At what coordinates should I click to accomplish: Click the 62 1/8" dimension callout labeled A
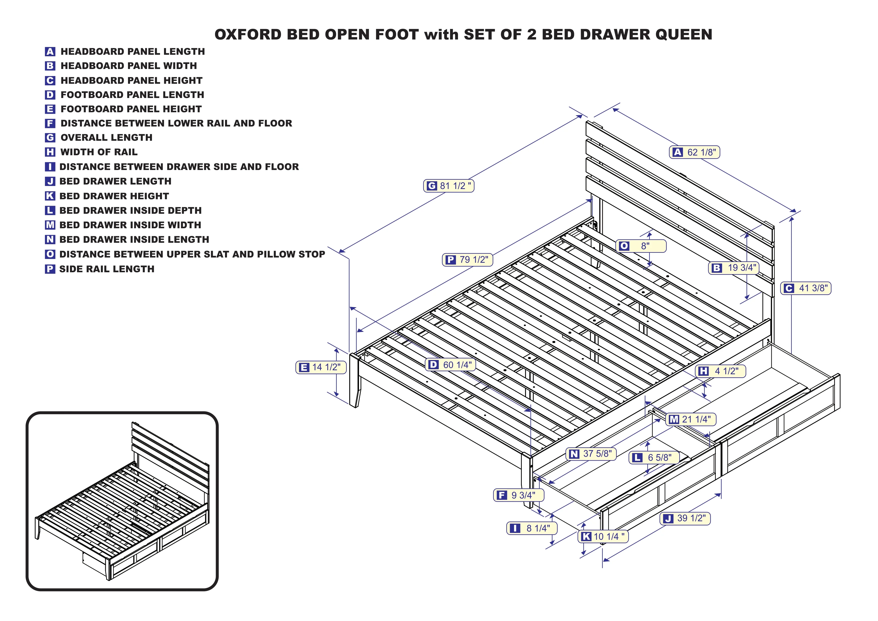[694, 152]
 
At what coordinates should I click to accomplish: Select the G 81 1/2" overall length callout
[448, 186]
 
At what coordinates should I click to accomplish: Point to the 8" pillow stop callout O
[641, 246]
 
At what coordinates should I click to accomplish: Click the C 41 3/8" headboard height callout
[805, 288]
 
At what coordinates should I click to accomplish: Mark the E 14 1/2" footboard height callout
[320, 367]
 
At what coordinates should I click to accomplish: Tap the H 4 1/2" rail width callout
[720, 371]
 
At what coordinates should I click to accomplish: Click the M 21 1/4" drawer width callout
[690, 419]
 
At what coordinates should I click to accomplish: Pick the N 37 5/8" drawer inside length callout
[591, 454]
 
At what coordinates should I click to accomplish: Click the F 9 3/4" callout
[518, 495]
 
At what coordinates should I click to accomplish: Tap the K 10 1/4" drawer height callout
[603, 536]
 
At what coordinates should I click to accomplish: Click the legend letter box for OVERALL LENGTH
[50, 138]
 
